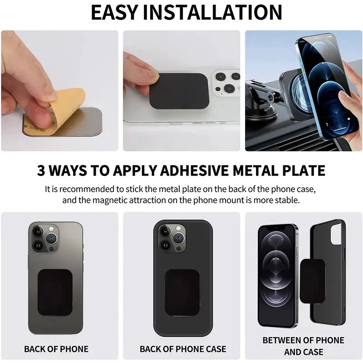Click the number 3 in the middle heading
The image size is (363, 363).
(x=42, y=171)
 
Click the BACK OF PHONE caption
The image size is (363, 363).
(x=56, y=349)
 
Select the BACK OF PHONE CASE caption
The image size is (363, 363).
(x=182, y=349)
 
